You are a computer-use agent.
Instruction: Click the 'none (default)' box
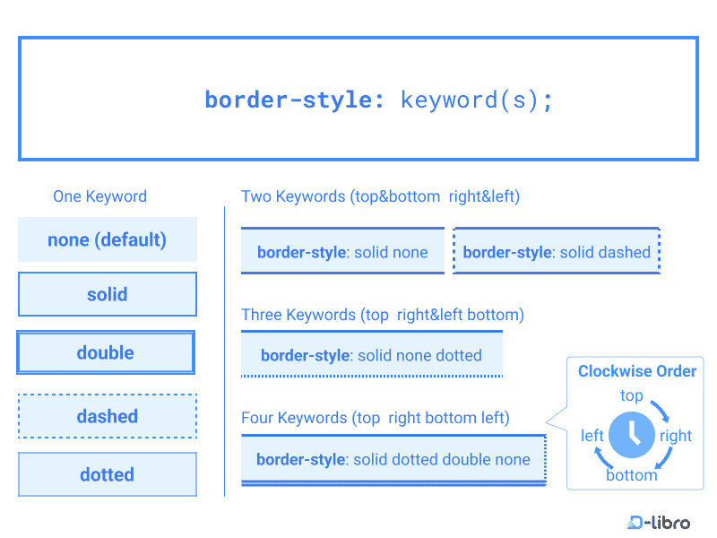coord(108,239)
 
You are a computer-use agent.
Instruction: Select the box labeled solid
coord(108,294)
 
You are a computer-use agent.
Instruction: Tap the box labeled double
coord(106,352)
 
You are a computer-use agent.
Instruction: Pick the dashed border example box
coord(108,416)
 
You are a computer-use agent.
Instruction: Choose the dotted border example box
coord(108,474)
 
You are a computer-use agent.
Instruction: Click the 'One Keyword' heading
coord(99,196)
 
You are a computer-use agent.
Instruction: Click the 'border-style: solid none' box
coord(342,252)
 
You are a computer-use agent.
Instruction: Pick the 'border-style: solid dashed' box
coord(557,252)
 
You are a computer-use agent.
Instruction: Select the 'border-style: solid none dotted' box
coord(371,355)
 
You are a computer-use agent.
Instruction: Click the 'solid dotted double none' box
coord(393,460)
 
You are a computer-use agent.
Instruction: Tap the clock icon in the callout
coord(632,435)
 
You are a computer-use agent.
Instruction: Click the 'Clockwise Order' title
coord(637,371)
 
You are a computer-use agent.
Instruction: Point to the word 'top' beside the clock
coord(632,395)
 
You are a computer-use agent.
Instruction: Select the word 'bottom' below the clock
coord(632,475)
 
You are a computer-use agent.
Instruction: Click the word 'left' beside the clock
coord(592,436)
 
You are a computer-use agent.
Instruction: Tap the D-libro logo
coord(659,522)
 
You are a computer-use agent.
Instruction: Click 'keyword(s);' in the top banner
coord(477,99)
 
